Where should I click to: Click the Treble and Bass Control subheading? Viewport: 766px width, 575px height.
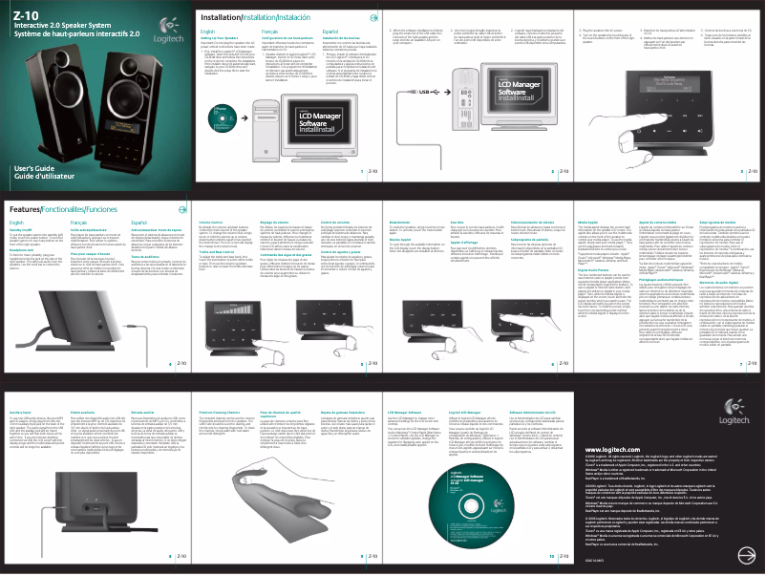[x=213, y=251]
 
